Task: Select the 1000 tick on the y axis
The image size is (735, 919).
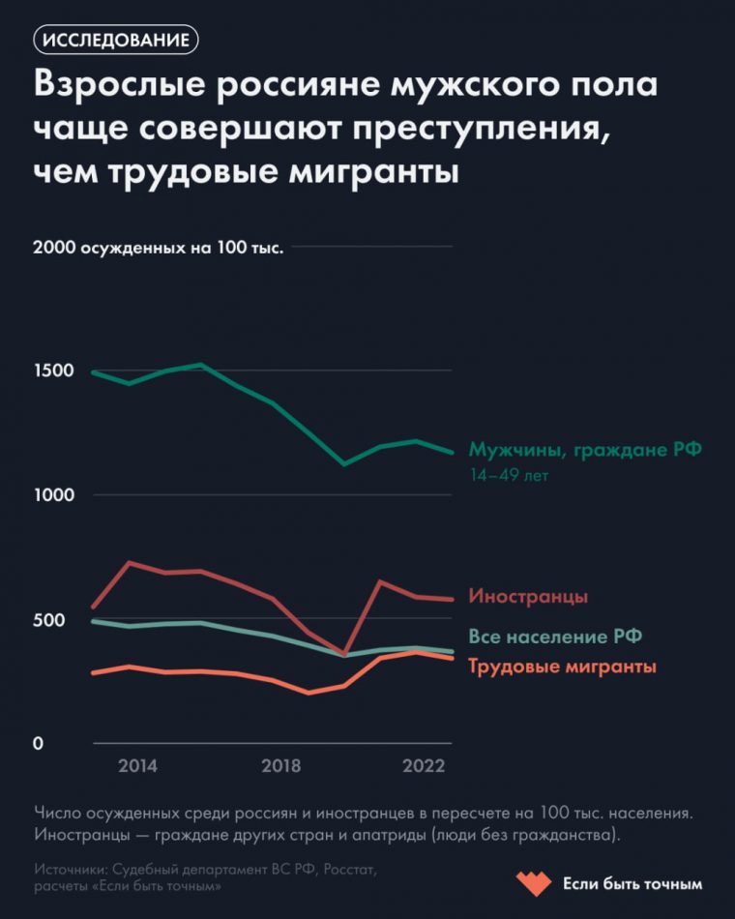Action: click(x=53, y=495)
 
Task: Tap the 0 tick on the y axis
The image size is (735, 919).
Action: click(x=39, y=744)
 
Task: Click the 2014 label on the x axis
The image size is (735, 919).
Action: click(x=137, y=766)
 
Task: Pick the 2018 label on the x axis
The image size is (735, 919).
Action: click(x=280, y=766)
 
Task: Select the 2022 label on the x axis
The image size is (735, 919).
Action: click(x=424, y=766)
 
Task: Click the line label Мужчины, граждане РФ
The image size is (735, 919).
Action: click(x=585, y=449)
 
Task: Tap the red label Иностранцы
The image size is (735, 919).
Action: click(x=528, y=596)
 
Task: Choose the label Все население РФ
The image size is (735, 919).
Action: click(x=555, y=637)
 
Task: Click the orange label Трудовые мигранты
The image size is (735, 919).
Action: click(x=563, y=667)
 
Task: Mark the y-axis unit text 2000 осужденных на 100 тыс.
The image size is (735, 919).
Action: click(x=158, y=248)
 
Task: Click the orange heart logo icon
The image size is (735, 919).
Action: click(x=531, y=883)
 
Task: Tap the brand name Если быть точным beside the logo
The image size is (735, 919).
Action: click(x=632, y=884)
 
